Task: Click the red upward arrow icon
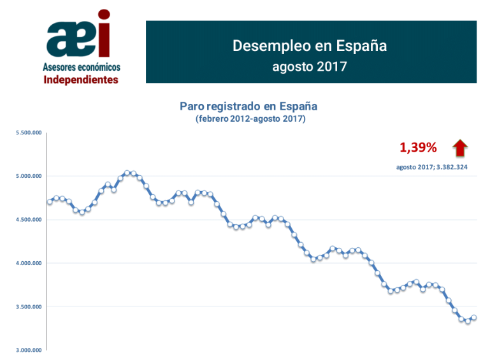(x=460, y=148)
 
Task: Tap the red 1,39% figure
(x=418, y=148)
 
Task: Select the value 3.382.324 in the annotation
(x=450, y=168)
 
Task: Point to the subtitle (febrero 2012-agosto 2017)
(x=250, y=119)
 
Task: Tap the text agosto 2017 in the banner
(x=309, y=66)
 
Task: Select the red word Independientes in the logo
(x=80, y=80)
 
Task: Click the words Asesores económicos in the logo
(x=81, y=67)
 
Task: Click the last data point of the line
(x=473, y=318)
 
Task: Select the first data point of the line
(x=50, y=202)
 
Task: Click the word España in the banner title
(x=362, y=46)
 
